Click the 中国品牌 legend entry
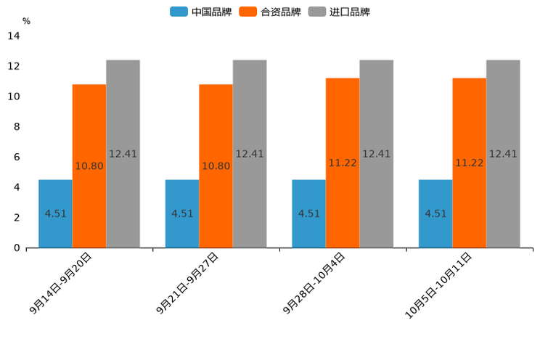tap(201, 12)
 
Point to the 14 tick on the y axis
tap(14, 36)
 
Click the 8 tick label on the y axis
tap(17, 127)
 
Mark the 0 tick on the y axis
tap(17, 248)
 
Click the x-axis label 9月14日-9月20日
tap(61, 284)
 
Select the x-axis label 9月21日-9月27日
tap(188, 284)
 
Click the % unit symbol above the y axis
tap(26, 21)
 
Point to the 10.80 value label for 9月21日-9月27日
tap(216, 166)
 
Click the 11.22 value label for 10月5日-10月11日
tap(469, 163)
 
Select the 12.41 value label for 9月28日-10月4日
tap(376, 154)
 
